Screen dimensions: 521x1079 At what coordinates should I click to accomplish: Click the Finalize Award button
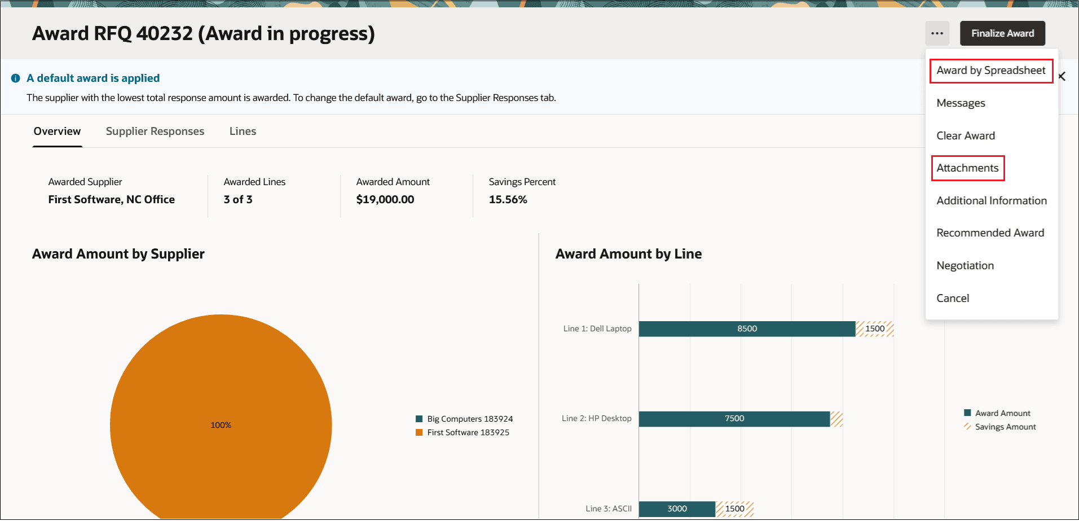1002,33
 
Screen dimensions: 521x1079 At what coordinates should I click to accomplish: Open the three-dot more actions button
937,33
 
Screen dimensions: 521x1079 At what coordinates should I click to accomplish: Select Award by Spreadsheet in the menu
990,71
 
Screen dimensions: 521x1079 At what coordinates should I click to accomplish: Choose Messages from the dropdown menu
961,103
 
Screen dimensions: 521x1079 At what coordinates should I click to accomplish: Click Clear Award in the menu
966,135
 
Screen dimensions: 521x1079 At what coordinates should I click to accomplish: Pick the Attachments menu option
967,168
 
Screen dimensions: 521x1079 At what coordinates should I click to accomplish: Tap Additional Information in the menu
991,200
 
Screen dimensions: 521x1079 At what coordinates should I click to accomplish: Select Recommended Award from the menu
990,233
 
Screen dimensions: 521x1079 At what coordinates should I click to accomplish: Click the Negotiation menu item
965,266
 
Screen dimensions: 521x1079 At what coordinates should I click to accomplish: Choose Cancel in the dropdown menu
953,298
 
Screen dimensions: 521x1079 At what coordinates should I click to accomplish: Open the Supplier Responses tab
155,132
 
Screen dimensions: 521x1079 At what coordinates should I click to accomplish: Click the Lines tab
243,132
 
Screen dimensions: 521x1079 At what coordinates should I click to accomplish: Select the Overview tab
57,132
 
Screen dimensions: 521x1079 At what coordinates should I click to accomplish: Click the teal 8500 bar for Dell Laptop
747,329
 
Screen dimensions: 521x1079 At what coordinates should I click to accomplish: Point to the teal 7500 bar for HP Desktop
734,418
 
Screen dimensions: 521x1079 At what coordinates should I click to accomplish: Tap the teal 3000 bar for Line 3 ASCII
677,509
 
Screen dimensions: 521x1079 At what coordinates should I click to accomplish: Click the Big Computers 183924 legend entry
469,419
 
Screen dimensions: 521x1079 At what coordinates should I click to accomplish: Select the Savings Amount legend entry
1005,427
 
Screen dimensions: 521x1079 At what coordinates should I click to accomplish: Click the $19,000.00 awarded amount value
385,199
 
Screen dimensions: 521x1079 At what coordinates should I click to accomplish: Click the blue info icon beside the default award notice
16,78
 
